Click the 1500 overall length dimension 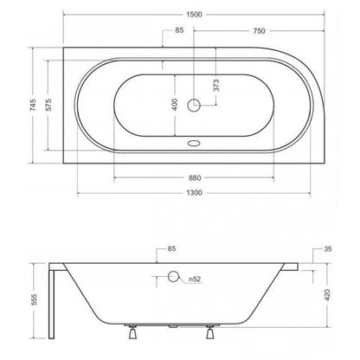(x=194, y=14)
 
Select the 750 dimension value (x=259, y=31)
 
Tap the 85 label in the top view (x=179, y=30)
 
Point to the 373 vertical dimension (x=216, y=85)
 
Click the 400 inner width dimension (x=175, y=105)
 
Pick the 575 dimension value (x=48, y=105)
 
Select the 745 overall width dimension (x=33, y=105)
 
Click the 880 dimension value (x=195, y=178)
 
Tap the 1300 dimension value (x=194, y=193)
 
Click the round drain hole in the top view (x=194, y=105)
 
